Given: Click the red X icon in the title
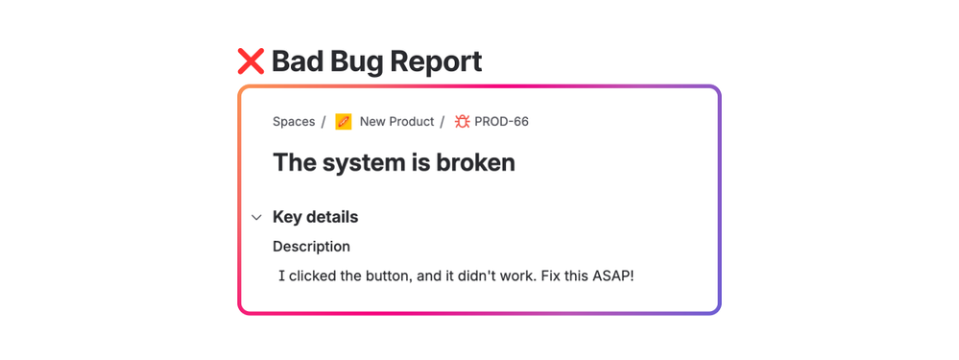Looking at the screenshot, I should pos(251,61).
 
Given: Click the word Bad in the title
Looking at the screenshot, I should pos(299,61).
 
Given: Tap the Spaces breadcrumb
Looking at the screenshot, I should pos(294,122).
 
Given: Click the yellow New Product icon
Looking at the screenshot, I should pos(344,122).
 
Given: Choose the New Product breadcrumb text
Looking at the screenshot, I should pos(396,122).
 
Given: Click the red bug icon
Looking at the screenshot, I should pos(462,122).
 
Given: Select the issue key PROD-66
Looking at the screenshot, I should pos(501,122).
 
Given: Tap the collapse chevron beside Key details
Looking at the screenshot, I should pos(256,218).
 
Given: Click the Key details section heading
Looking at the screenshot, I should pos(315,217).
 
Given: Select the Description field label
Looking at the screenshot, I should pos(311,247).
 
